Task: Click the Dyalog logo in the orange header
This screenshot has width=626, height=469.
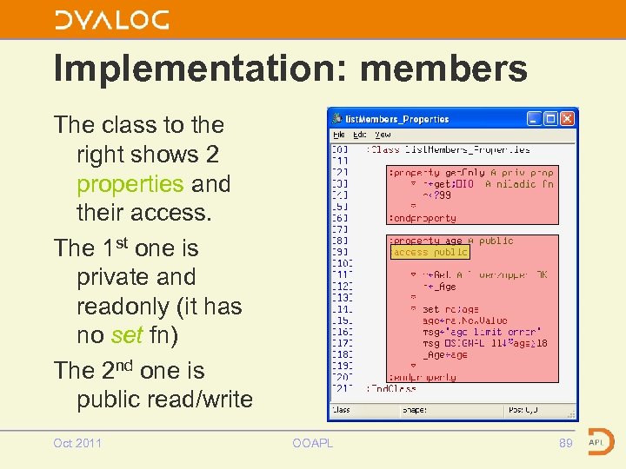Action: (111, 19)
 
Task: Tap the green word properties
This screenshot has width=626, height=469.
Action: (130, 184)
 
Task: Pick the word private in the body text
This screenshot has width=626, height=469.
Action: (113, 278)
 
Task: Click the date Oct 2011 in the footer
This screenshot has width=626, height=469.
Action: (77, 443)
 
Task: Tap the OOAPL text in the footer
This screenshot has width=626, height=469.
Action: (312, 443)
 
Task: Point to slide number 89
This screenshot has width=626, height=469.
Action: (565, 443)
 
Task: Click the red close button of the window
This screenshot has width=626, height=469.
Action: (568, 118)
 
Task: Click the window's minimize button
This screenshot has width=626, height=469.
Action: (535, 118)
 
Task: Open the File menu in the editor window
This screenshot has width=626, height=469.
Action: (339, 135)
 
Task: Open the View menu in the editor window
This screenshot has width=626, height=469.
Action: (383, 135)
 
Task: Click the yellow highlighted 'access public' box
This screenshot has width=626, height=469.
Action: (430, 252)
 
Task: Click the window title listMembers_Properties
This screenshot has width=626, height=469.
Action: (396, 119)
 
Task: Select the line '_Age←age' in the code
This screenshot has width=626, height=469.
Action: (445, 354)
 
